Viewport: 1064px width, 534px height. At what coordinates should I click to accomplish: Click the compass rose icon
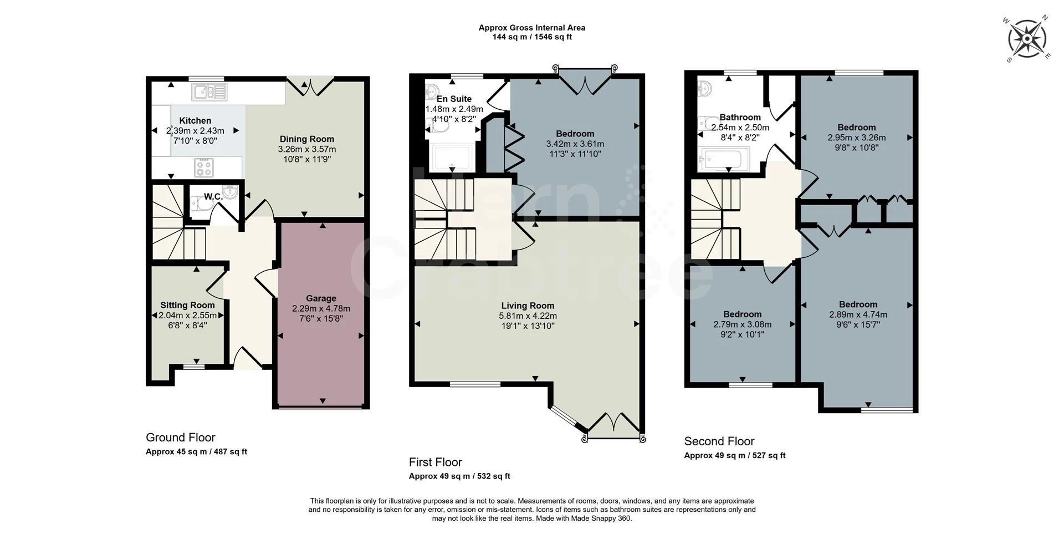[1027, 39]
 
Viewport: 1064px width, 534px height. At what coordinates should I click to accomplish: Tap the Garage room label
[321, 298]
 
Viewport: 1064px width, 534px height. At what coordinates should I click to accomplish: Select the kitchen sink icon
[209, 92]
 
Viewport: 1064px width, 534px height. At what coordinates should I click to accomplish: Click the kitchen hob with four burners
[203, 167]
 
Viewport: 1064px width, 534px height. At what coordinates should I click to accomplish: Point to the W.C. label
[213, 197]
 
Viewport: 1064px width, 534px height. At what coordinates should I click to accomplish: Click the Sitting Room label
[187, 305]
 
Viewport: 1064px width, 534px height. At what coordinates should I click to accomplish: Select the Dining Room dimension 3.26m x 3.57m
[306, 149]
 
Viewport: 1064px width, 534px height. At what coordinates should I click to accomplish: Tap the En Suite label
[454, 99]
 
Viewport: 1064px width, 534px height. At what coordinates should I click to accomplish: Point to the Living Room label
[528, 306]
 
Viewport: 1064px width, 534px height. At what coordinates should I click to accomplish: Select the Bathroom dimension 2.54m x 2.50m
[740, 128]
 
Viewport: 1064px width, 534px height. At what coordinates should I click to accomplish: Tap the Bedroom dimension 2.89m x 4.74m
[858, 314]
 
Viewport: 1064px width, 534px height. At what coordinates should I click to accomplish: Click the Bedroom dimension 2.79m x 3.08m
[742, 324]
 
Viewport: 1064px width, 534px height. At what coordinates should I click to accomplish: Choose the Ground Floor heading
[180, 438]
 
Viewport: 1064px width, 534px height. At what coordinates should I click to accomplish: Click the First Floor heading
[435, 462]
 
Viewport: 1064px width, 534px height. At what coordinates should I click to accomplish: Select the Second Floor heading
[719, 441]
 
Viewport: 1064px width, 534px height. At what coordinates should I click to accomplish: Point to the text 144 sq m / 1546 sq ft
[531, 37]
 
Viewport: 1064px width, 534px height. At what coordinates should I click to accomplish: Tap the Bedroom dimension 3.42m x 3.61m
[575, 144]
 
